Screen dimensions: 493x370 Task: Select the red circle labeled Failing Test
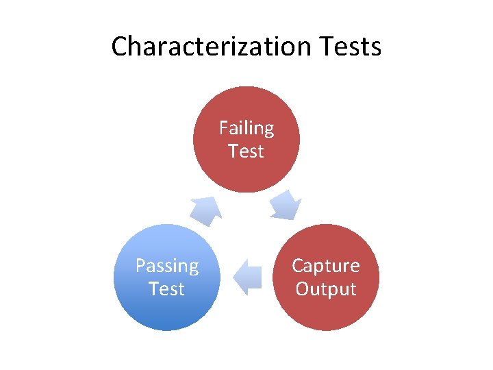(x=246, y=164)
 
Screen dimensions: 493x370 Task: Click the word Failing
(x=246, y=128)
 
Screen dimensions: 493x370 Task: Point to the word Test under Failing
(x=246, y=151)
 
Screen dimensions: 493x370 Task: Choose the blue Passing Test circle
(x=167, y=301)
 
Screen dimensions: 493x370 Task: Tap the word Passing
(x=167, y=266)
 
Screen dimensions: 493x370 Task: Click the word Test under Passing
(x=167, y=288)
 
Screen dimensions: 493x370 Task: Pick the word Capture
(x=326, y=266)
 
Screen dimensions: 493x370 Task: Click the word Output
(x=326, y=288)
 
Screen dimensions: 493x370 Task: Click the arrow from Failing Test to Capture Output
(x=285, y=205)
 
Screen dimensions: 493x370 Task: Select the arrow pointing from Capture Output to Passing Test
(x=247, y=277)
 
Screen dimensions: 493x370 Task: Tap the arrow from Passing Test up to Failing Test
(x=205, y=210)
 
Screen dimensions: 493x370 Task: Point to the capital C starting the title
(x=119, y=47)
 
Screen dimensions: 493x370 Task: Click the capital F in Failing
(x=223, y=128)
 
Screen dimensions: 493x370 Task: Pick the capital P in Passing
(x=140, y=266)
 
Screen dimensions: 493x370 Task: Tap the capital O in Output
(x=302, y=288)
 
